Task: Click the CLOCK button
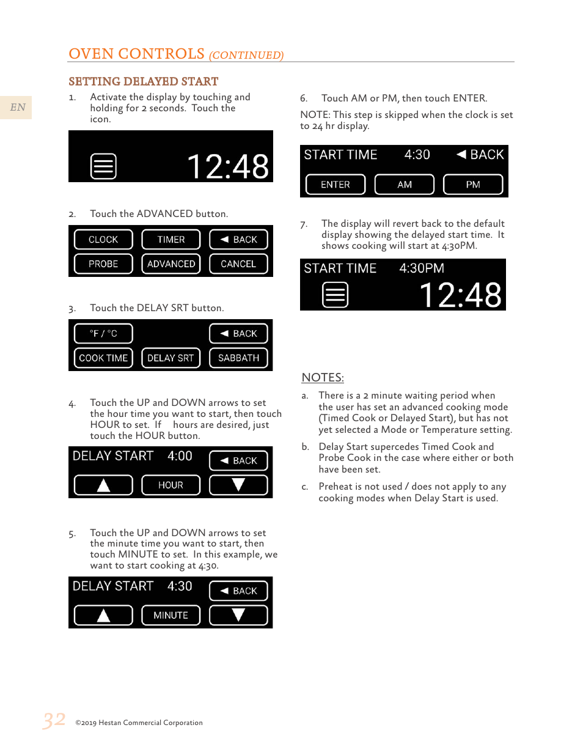click(x=103, y=240)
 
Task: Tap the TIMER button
click(x=171, y=240)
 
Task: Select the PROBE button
click(x=103, y=264)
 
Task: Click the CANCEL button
click(x=238, y=264)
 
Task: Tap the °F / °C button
click(x=103, y=334)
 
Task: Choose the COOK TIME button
click(x=103, y=358)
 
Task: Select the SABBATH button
click(x=238, y=358)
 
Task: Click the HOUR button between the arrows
click(x=171, y=485)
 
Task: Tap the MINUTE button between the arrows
click(x=171, y=616)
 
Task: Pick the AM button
click(x=405, y=185)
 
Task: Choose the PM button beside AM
click(x=473, y=185)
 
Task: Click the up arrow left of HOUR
click(x=103, y=485)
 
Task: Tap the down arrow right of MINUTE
click(x=238, y=616)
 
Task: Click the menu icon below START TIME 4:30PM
click(x=335, y=295)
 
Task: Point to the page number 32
click(x=54, y=720)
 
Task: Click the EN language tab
click(x=17, y=108)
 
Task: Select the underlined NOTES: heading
click(x=323, y=378)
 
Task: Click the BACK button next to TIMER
click(x=238, y=240)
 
